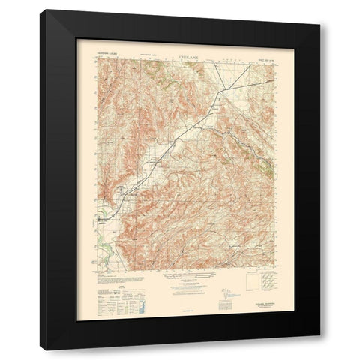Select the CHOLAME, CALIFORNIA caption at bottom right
click(255, 295)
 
